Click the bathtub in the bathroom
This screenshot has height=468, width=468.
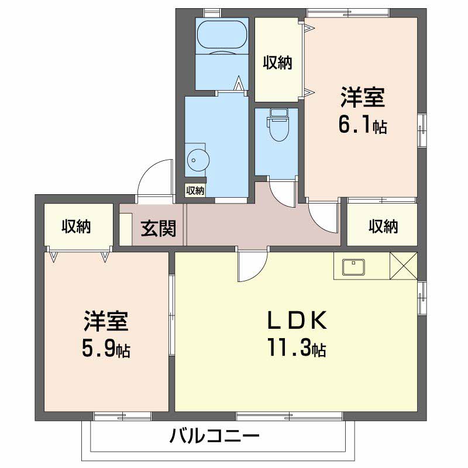[x=222, y=35]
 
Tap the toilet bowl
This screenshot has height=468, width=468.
[x=279, y=125]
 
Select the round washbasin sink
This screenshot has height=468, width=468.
[x=198, y=160]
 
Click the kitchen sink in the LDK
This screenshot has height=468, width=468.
[x=353, y=267]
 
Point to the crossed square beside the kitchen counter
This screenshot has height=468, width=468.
[x=404, y=266]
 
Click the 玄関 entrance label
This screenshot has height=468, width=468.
[x=158, y=228]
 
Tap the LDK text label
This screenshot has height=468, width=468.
[x=297, y=319]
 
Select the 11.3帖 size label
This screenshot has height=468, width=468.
[x=297, y=347]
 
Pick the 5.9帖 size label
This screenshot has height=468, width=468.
[x=106, y=348]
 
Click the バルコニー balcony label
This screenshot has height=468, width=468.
[x=214, y=436]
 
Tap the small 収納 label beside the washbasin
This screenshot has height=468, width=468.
[x=195, y=190]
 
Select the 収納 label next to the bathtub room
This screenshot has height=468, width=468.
[x=277, y=63]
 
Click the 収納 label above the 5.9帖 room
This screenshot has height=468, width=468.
[x=76, y=226]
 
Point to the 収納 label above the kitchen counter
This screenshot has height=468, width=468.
[x=383, y=226]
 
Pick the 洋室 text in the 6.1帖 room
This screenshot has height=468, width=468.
[x=363, y=97]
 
